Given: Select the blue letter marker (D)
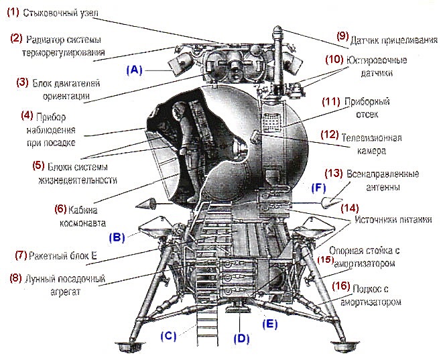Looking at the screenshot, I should click(241, 338).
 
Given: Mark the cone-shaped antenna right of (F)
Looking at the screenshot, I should click(330, 202).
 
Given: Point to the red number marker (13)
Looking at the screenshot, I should click(335, 173).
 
